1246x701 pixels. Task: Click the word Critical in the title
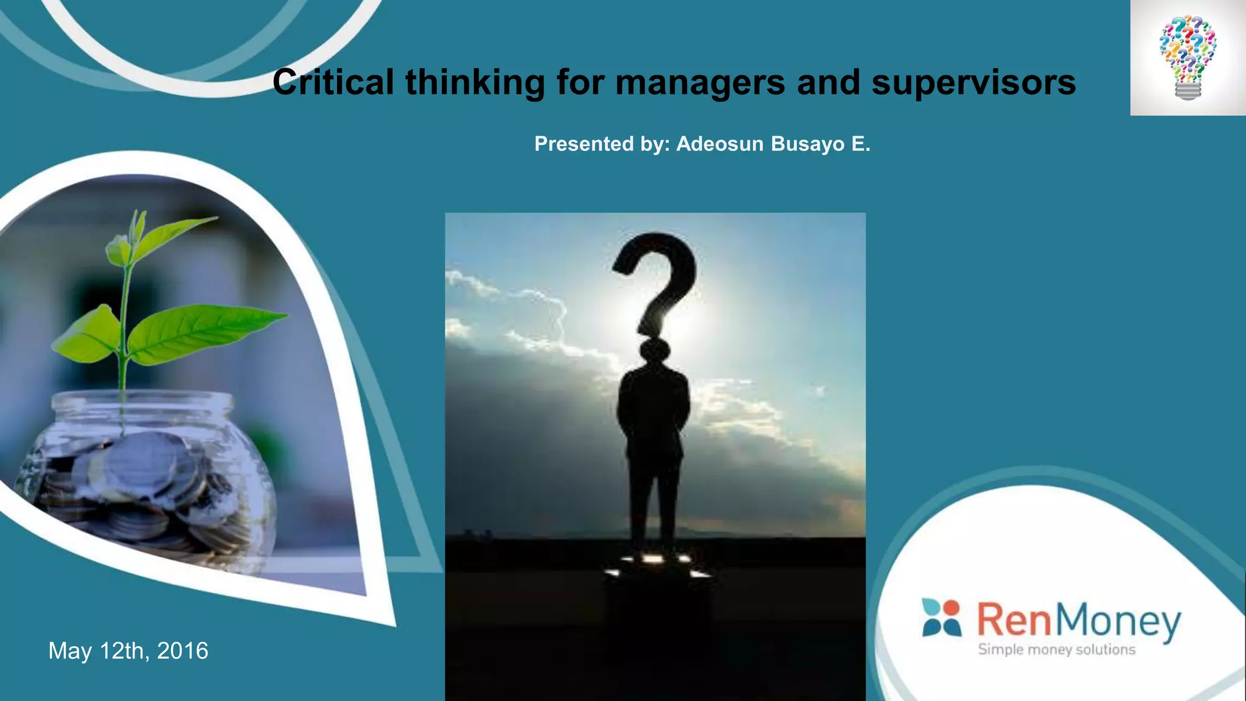pos(333,82)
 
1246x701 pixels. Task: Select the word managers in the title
pos(700,83)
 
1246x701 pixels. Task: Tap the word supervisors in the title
pos(973,83)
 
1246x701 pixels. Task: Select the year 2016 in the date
pos(183,651)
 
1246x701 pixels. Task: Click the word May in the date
pos(70,651)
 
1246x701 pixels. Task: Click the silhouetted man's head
pos(655,351)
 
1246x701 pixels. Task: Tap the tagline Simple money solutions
pos(1057,650)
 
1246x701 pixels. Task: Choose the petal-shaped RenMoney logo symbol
pos(942,617)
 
